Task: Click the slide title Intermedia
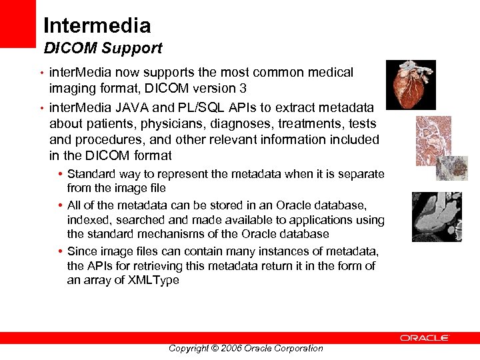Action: point(97,26)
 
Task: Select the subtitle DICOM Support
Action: point(103,49)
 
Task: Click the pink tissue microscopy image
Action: point(433,140)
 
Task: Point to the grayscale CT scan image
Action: point(437,217)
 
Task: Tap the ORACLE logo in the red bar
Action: point(425,338)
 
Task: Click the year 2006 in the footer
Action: point(231,348)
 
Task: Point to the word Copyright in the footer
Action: point(189,348)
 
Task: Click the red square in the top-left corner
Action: point(17,23)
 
